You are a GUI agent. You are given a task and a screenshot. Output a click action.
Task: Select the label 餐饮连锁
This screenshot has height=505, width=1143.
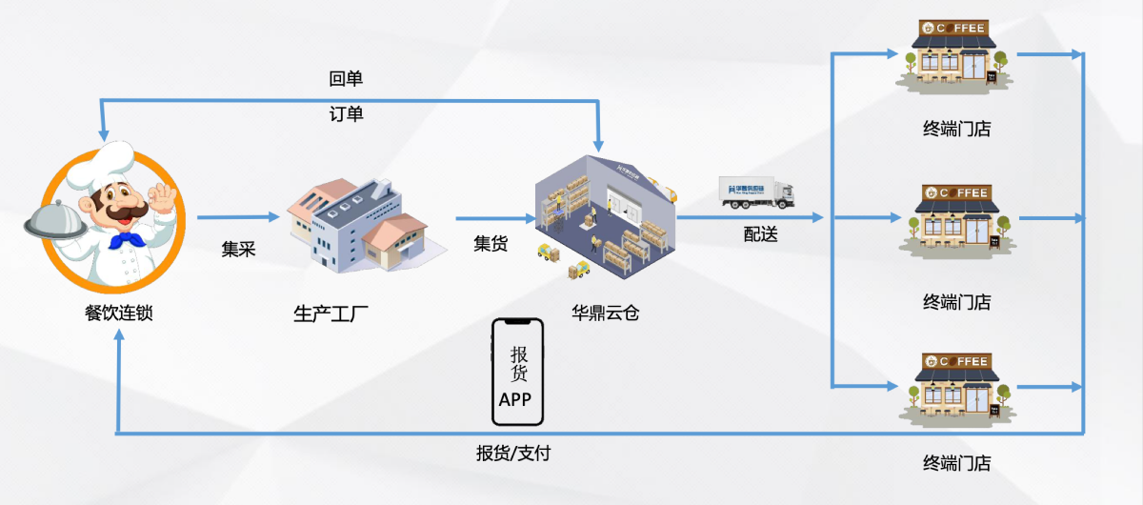pos(118,312)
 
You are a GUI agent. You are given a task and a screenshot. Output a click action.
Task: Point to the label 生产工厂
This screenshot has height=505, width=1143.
pos(331,313)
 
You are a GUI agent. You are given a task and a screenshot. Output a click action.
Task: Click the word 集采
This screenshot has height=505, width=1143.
pos(238,250)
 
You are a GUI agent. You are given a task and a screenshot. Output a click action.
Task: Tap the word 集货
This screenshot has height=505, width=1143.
pos(491,244)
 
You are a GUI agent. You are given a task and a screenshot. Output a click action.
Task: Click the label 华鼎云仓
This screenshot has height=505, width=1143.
pos(605,312)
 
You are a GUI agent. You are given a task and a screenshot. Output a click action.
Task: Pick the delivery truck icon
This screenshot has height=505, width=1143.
pos(756,192)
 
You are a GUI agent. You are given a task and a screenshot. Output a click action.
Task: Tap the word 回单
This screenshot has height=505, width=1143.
pos(346,78)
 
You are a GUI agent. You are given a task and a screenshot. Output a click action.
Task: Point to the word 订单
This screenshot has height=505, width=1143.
pos(346,114)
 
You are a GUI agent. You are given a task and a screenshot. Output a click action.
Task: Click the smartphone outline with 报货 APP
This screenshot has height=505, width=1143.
pos(517,372)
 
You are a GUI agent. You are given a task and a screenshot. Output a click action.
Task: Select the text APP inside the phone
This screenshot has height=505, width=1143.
pos(515,399)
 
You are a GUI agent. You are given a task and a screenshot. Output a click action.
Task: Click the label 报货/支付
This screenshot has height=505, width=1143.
pos(513,454)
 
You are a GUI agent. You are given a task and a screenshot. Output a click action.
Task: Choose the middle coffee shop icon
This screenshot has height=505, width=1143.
pos(956,221)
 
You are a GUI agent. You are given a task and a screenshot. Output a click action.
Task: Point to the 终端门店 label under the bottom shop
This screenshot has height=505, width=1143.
pos(956,464)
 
